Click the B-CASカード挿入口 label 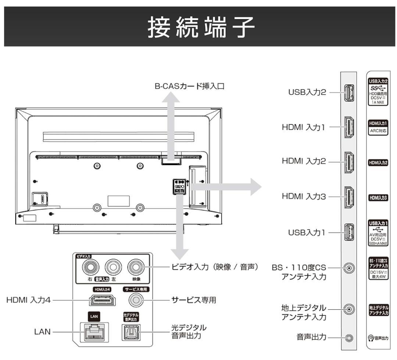[190, 87]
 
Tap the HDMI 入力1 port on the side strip [348, 127]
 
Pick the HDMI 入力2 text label [304, 161]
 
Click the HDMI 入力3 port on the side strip [348, 197]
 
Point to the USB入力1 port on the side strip [348, 232]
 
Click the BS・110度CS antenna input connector [348, 268]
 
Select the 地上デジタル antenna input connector [348, 309]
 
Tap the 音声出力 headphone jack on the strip [348, 337]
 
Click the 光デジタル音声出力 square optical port [131, 332]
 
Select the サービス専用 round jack [136, 300]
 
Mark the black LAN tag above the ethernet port [93, 316]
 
